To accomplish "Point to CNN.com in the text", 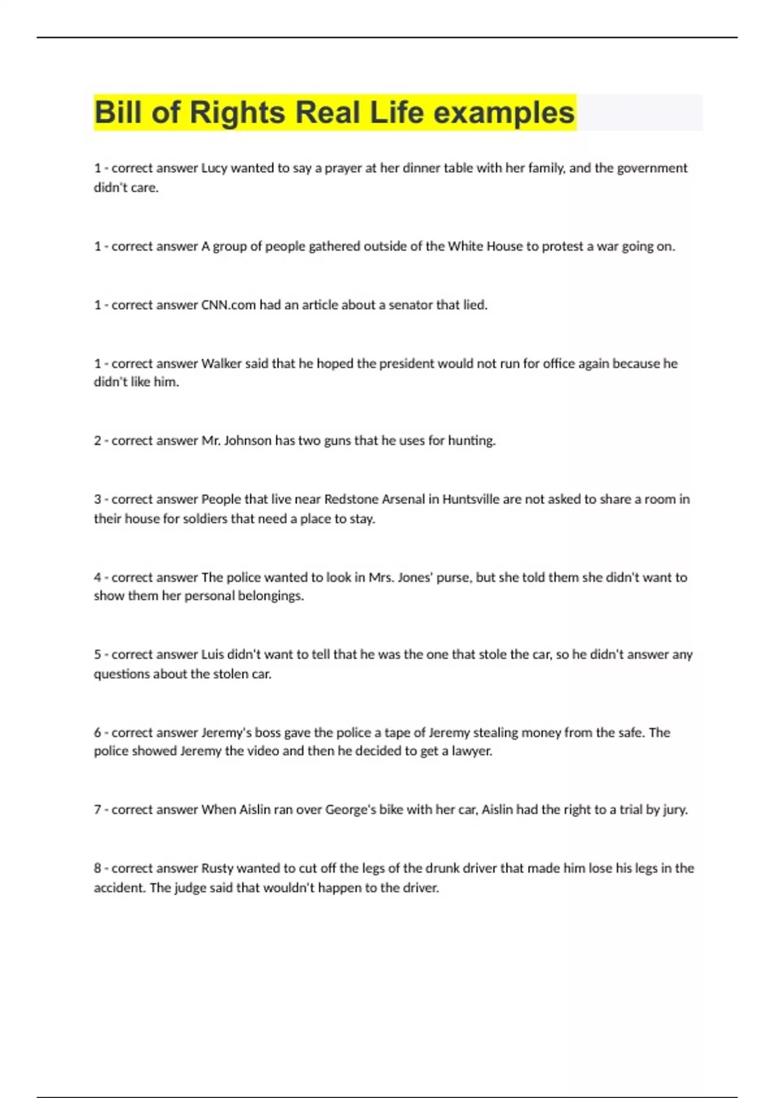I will (x=229, y=305).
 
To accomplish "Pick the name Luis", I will (x=212, y=654).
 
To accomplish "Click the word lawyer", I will (x=471, y=751).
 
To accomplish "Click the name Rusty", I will (x=217, y=868).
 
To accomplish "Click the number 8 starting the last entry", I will (x=98, y=868).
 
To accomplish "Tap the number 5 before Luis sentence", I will (x=98, y=654).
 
